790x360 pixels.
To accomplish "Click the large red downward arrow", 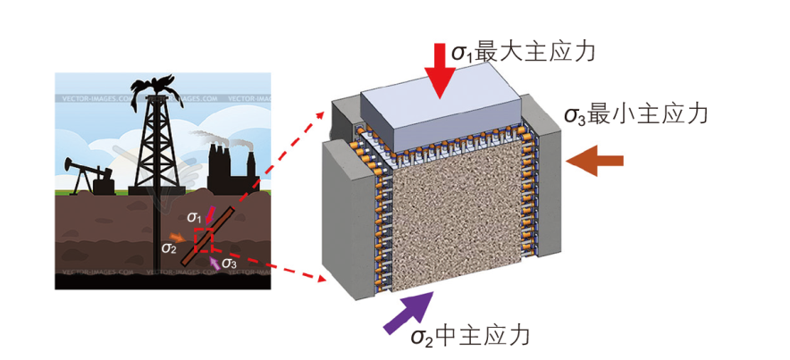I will point(440,67).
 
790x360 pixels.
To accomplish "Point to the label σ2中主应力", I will point(470,336).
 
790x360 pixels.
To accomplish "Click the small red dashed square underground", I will point(204,239).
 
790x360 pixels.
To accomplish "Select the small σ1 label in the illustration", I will point(195,216).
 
